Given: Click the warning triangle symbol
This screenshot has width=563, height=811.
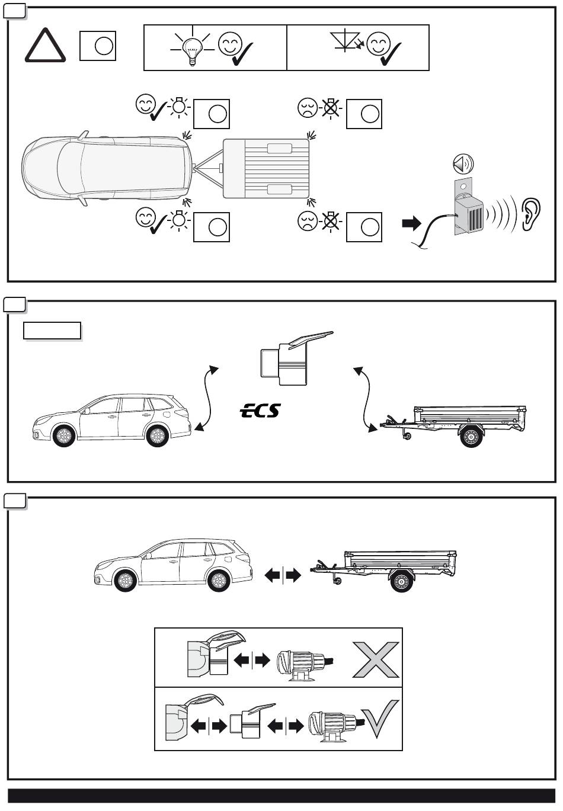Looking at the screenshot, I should (x=44, y=47).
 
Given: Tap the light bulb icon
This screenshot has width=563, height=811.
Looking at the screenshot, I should (x=191, y=49).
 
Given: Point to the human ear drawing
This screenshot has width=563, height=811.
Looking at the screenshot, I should (x=530, y=214).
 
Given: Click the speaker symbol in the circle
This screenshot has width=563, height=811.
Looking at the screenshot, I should (x=463, y=164).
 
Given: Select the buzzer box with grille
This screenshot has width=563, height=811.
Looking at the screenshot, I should (x=469, y=212).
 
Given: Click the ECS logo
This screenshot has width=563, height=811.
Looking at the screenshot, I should (x=260, y=410).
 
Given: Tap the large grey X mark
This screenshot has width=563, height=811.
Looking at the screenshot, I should (x=376, y=659).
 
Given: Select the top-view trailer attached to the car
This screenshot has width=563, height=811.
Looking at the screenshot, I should (x=265, y=168).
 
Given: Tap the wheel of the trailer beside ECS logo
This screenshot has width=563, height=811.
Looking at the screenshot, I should (x=471, y=438).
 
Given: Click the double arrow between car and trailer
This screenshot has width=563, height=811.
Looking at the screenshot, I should (x=283, y=575).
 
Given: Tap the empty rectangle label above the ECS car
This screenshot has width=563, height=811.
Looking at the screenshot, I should (x=52, y=331).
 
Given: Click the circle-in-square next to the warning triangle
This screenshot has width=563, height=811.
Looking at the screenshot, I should (x=97, y=46).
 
